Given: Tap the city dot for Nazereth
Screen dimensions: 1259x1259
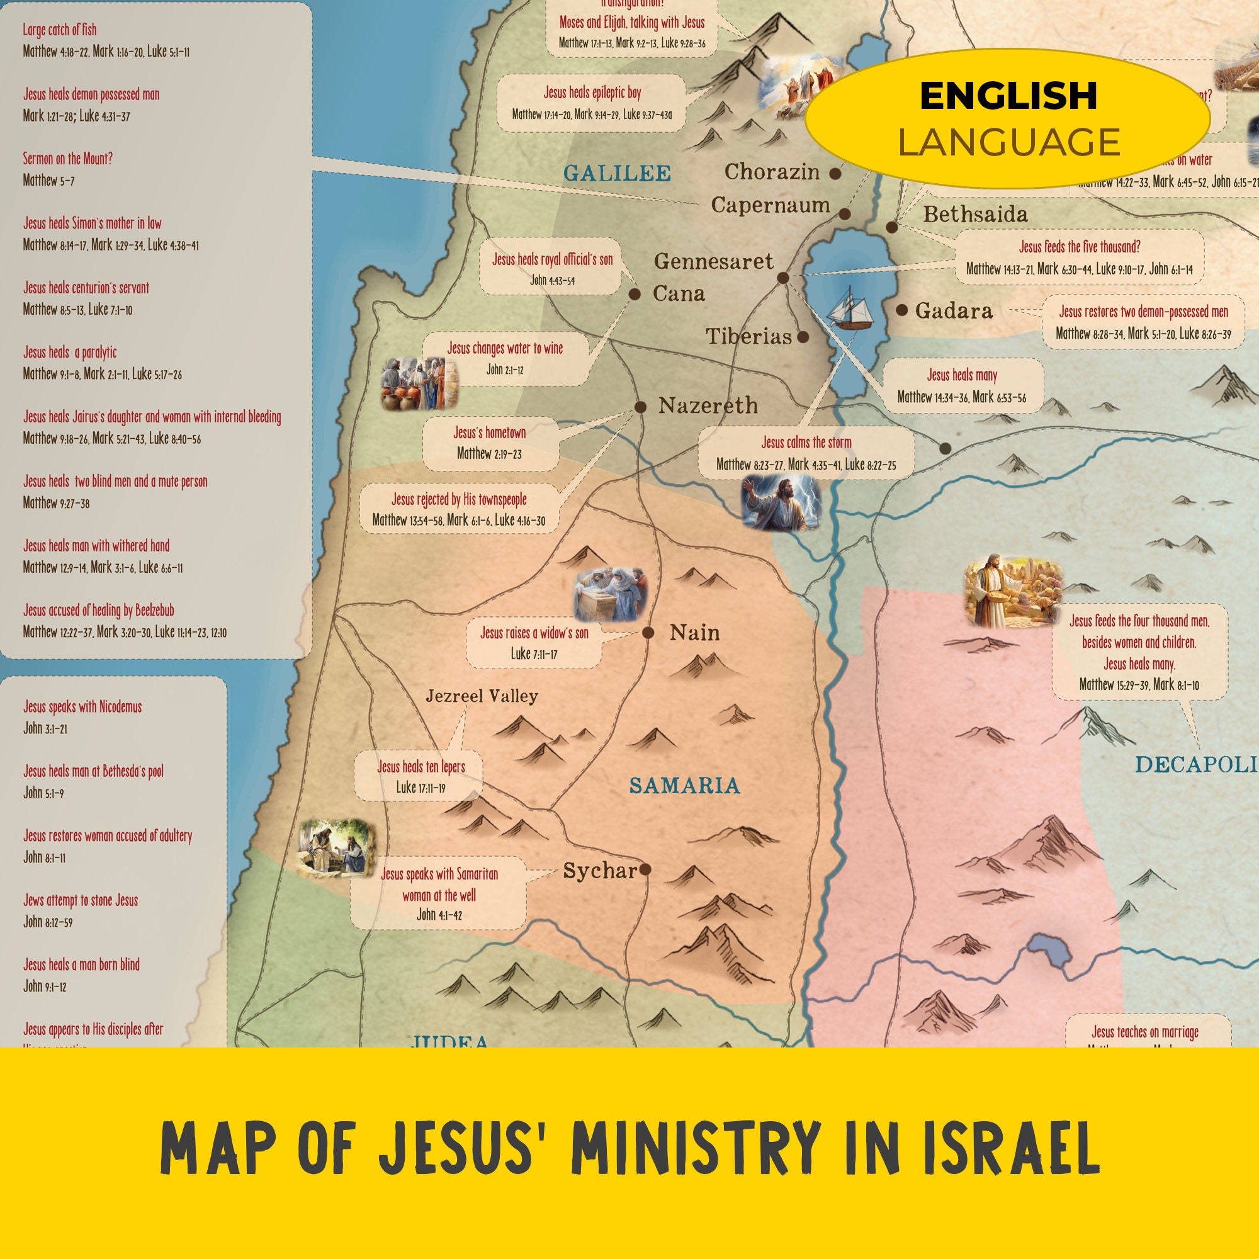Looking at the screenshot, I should pyautogui.click(x=641, y=407).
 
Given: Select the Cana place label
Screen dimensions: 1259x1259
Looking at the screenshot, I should pyautogui.click(x=679, y=294).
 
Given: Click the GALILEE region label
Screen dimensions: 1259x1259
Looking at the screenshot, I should pyautogui.click(x=616, y=173).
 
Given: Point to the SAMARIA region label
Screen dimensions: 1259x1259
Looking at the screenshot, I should pyautogui.click(x=684, y=785).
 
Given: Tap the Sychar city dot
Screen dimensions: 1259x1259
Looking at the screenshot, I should pyautogui.click(x=645, y=869).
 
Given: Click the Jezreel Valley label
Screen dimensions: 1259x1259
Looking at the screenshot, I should pyautogui.click(x=482, y=696).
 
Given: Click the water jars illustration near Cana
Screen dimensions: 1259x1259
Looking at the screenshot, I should pyautogui.click(x=419, y=384).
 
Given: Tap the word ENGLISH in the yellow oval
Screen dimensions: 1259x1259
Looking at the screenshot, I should pyautogui.click(x=1007, y=96).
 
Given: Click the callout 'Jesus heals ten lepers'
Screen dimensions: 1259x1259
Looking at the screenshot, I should pyautogui.click(x=421, y=776).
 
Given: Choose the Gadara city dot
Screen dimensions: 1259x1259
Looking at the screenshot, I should pyautogui.click(x=901, y=310).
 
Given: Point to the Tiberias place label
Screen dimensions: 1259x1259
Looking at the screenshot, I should pyautogui.click(x=748, y=337).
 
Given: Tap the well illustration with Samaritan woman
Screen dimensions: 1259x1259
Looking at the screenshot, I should pyautogui.click(x=336, y=848).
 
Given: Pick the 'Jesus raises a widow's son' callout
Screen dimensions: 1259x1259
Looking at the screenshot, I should pyautogui.click(x=534, y=643).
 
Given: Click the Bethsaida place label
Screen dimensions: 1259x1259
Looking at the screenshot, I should pyautogui.click(x=975, y=215).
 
